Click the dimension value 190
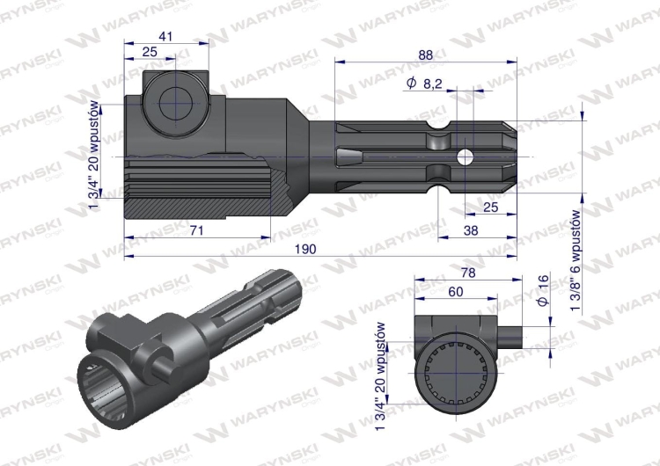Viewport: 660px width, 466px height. [304, 249]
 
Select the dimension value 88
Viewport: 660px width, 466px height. [426, 55]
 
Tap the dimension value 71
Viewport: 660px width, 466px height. [197, 230]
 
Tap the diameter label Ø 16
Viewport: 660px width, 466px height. [543, 291]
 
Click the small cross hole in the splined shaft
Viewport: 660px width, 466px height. [466, 156]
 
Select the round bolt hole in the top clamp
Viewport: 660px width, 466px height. [173, 103]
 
